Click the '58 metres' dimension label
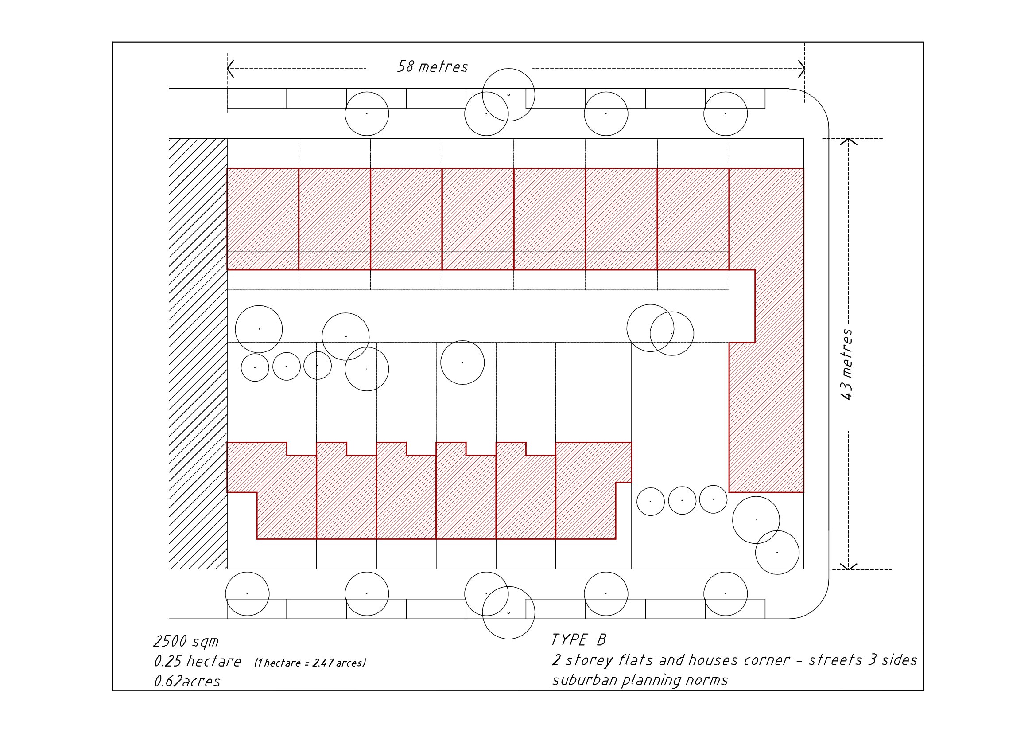(432, 67)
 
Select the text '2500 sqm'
(186, 641)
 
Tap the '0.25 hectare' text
(197, 661)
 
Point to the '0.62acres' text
(187, 681)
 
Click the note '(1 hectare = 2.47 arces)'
(310, 663)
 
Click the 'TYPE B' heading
(578, 640)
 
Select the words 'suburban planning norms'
(640, 680)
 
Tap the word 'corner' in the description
(766, 660)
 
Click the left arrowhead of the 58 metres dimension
(230, 69)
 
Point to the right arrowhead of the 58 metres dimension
(801, 69)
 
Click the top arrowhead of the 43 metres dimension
(848, 141)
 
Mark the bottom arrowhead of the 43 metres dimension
(848, 566)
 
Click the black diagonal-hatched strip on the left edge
(198, 353)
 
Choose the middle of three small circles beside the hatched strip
(287, 366)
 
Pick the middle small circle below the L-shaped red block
(682, 500)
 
